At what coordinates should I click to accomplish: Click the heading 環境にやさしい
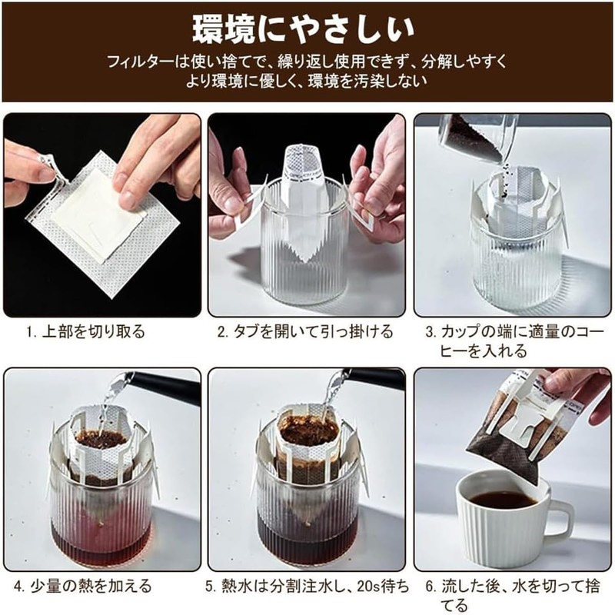coord(307,29)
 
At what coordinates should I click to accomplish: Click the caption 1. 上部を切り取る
coord(86,332)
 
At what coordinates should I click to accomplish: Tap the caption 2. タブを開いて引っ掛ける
coord(305,332)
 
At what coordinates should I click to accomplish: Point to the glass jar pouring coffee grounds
coord(470,138)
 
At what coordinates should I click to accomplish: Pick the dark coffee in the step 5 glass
coord(307,530)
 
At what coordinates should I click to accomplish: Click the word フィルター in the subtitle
coord(136,60)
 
